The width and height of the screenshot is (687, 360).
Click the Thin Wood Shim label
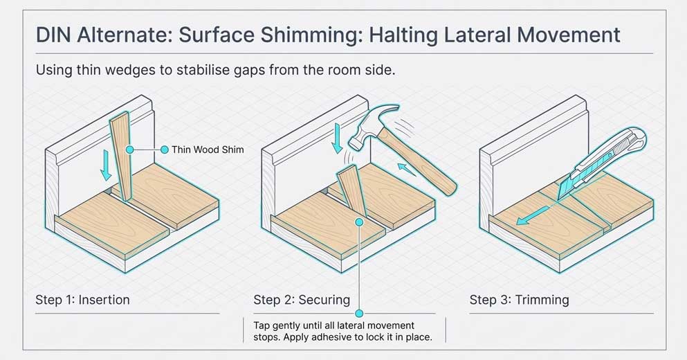pos(208,150)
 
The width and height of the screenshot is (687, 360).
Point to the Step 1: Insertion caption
pos(82,300)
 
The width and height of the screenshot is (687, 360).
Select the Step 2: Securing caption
pos(301,300)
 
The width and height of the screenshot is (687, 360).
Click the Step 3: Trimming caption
pos(519,300)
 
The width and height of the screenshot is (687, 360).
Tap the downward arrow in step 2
pos(336,136)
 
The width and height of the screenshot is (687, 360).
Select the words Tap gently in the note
pos(272,325)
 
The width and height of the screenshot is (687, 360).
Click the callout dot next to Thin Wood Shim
pos(164,150)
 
